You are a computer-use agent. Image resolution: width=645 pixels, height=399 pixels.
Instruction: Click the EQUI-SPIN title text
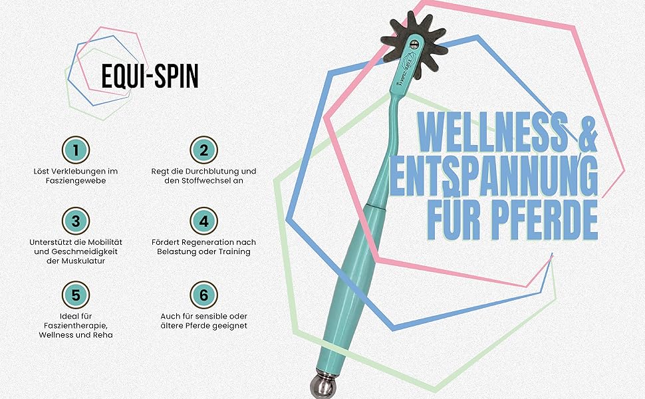(150, 76)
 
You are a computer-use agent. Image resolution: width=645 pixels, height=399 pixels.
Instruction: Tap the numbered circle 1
(76, 150)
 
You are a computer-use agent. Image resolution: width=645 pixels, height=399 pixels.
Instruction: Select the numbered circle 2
(203, 150)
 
